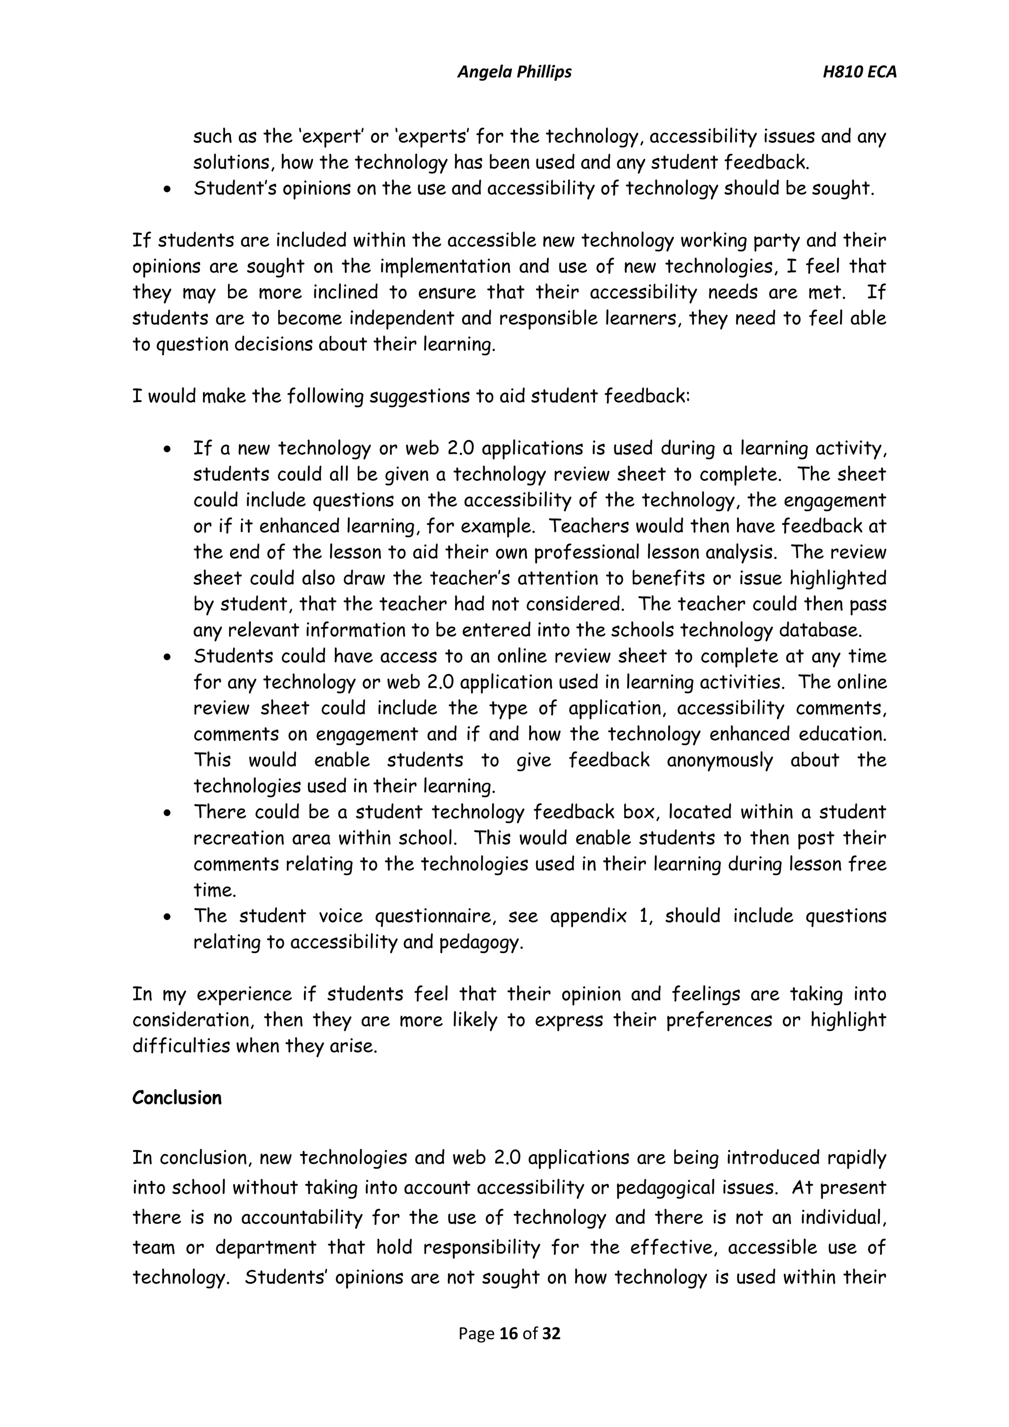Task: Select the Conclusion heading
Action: coord(176,1097)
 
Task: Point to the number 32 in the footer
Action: coord(552,1333)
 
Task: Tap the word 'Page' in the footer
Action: coord(476,1333)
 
